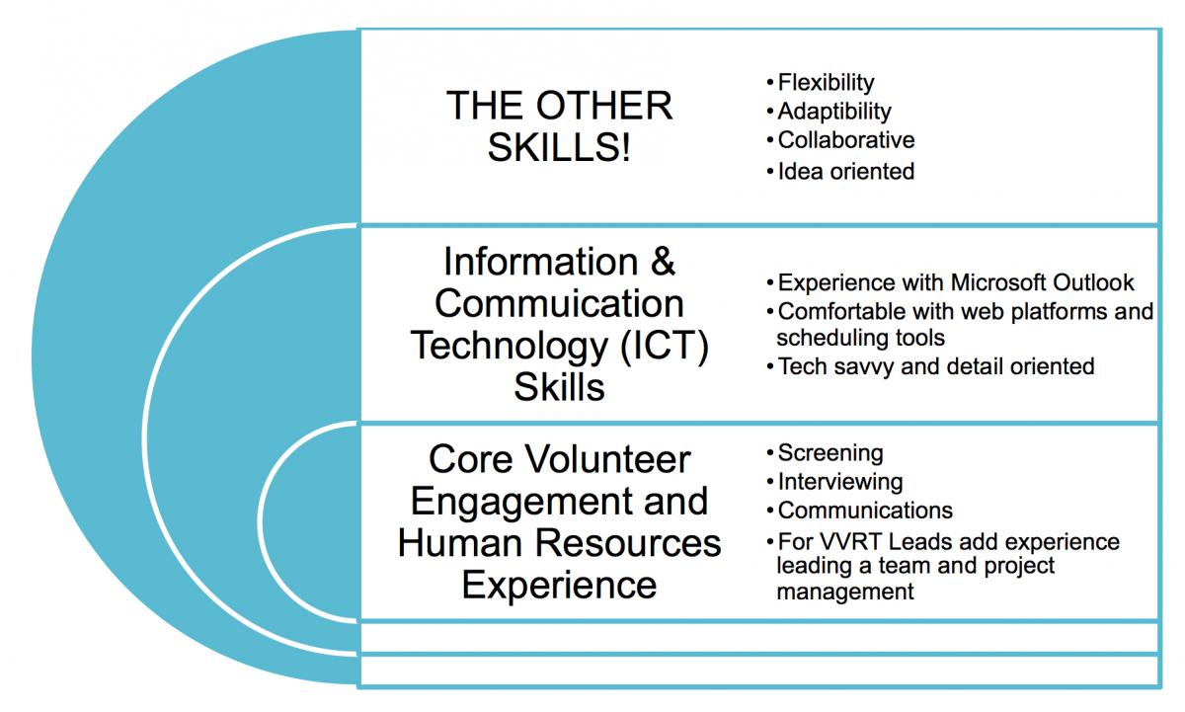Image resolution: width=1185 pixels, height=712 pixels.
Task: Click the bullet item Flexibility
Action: (x=826, y=83)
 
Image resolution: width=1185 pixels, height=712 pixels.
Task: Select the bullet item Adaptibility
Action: (x=834, y=112)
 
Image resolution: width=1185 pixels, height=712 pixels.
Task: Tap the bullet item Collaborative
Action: (x=846, y=140)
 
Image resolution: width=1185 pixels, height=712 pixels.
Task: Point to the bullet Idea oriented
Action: (x=846, y=172)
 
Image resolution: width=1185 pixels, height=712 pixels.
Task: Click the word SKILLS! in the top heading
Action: (x=559, y=147)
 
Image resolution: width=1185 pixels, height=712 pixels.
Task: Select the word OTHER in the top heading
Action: (x=604, y=106)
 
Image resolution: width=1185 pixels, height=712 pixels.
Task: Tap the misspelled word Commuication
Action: (x=559, y=303)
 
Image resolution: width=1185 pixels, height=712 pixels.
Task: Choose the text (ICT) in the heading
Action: (x=665, y=347)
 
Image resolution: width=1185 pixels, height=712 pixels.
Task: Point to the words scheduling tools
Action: (x=860, y=338)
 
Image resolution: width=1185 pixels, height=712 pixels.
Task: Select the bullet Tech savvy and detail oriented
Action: (x=936, y=366)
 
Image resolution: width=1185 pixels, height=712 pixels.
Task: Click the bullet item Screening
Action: (x=830, y=453)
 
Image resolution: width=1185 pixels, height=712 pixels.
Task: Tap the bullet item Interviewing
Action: (x=840, y=482)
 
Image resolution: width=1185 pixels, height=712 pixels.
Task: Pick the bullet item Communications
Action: (x=865, y=511)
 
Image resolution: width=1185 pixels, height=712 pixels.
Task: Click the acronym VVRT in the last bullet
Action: (x=851, y=542)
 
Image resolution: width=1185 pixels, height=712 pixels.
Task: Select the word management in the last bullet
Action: (x=845, y=592)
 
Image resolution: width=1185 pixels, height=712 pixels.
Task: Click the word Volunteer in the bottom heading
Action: (x=607, y=459)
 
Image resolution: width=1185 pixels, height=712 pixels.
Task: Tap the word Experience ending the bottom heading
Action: (x=559, y=586)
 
